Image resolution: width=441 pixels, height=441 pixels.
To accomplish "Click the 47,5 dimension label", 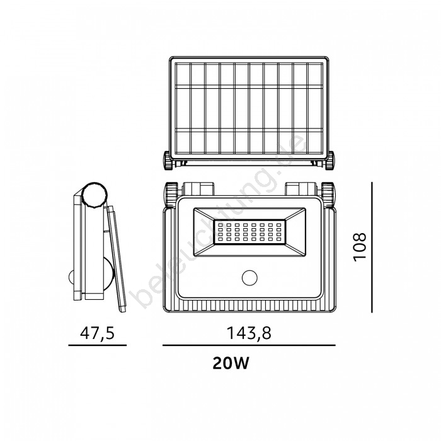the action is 97,333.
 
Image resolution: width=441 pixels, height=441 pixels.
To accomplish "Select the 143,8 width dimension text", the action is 249,333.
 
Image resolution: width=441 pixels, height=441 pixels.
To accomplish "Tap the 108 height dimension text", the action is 360,247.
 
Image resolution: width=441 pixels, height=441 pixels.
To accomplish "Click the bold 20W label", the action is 231,363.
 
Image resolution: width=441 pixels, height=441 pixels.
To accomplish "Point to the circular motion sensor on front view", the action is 249,278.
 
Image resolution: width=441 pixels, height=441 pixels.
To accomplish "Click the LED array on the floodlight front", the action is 249,232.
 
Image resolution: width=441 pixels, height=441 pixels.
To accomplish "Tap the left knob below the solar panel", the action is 168,160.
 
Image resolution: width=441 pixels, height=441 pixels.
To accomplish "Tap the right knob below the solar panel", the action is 329,160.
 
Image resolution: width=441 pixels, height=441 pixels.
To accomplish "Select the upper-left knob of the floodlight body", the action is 171,194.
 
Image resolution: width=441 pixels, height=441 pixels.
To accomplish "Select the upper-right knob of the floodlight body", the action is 328,194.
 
